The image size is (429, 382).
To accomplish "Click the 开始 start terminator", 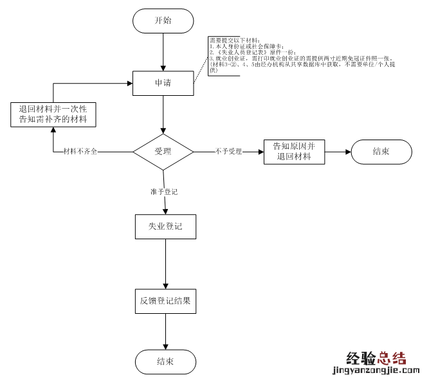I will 163,21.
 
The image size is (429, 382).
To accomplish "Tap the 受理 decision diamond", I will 163,152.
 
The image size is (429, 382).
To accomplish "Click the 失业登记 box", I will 165,226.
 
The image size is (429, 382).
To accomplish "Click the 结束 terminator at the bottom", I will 165,361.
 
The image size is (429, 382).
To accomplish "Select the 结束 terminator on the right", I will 381,152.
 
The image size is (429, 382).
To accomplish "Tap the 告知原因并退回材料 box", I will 294,152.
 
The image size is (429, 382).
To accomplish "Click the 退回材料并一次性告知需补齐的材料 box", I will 53,114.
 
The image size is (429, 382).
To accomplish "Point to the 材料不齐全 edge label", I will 80,152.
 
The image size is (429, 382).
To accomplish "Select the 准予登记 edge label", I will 164,192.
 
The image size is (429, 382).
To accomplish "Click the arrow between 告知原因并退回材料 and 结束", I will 338,152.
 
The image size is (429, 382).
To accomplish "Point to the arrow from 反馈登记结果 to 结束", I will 166,331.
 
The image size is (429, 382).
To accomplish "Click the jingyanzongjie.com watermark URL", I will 375,370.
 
